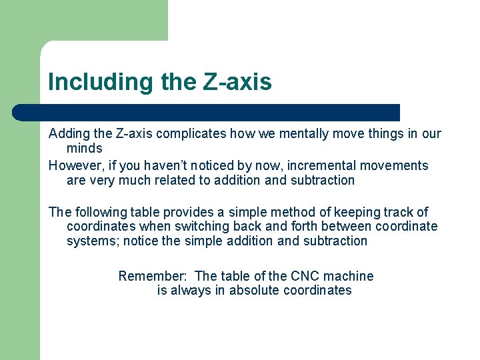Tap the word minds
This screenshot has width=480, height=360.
click(84, 148)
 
